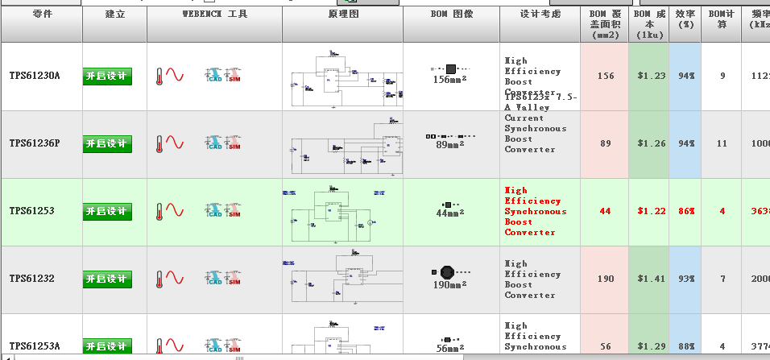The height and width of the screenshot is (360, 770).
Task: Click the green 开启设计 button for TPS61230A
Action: tap(107, 77)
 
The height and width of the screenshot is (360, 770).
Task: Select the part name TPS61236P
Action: tap(35, 143)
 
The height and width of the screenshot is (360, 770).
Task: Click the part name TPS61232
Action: tap(32, 279)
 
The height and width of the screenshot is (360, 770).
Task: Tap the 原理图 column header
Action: tap(343, 14)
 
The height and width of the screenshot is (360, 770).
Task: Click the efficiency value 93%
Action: tap(686, 279)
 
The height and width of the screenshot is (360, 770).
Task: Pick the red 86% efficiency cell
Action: tap(686, 211)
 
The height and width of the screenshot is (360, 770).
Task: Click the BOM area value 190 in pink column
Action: tap(606, 279)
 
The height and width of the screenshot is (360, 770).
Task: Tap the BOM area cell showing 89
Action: tap(606, 143)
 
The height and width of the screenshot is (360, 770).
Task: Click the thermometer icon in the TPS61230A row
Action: tap(159, 77)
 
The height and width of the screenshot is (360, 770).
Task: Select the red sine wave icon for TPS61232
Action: tap(175, 279)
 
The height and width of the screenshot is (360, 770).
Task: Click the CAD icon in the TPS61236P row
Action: tap(214, 143)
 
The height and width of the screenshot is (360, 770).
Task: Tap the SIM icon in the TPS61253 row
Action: tap(234, 211)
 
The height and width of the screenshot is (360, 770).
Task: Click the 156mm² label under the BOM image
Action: tap(450, 80)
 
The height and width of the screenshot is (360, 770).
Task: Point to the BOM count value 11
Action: tap(722, 143)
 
